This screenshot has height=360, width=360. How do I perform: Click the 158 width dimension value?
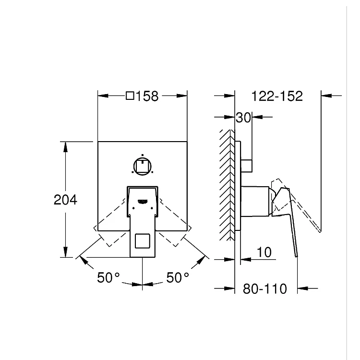click(x=147, y=96)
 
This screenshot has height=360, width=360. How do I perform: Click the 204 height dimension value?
click(x=65, y=200)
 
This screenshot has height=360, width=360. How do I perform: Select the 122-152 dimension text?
click(x=277, y=96)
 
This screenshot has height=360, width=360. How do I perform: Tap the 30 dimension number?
click(x=243, y=118)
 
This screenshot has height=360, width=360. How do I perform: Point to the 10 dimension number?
click(x=264, y=252)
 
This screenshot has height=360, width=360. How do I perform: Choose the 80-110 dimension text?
click(x=265, y=288)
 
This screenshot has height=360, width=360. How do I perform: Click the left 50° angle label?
click(x=108, y=277)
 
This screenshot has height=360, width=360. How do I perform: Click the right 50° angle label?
click(x=178, y=277)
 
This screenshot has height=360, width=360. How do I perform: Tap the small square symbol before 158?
click(x=130, y=96)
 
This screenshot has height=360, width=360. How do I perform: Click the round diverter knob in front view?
click(x=143, y=167)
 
